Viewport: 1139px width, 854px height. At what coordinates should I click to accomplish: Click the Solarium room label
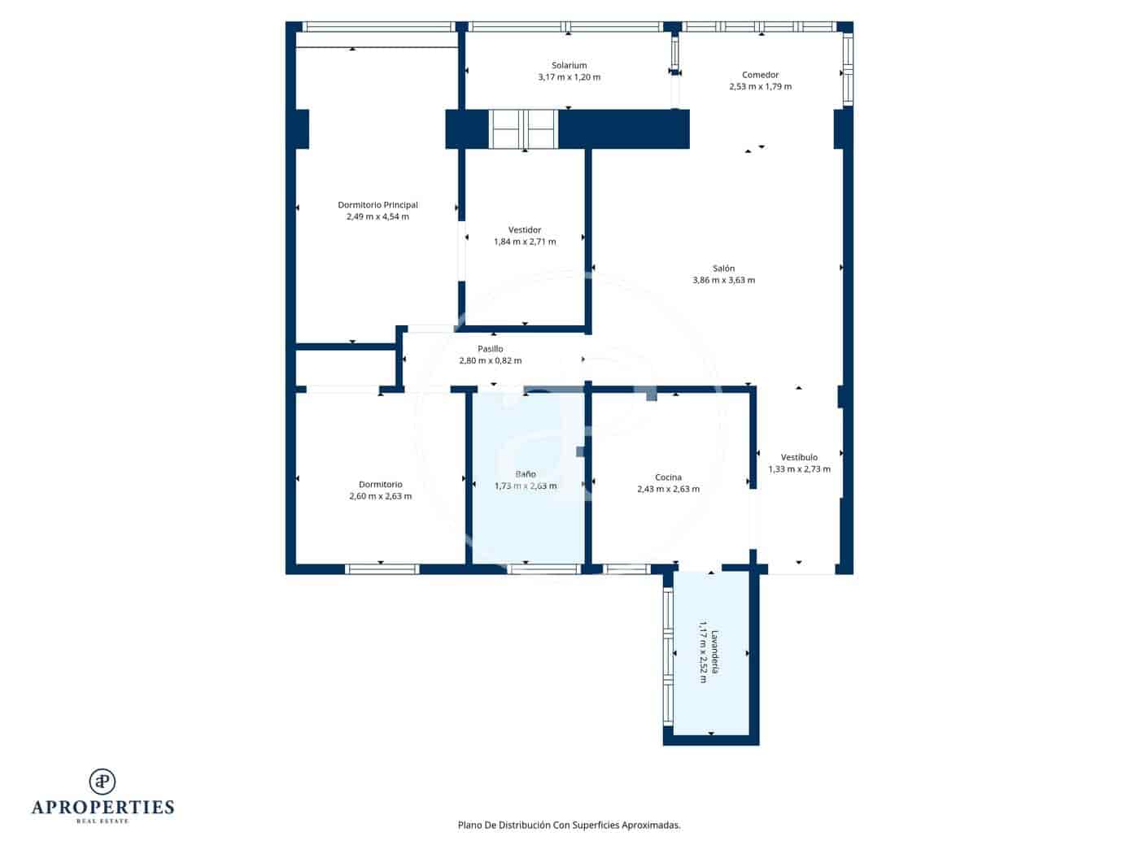coord(569,65)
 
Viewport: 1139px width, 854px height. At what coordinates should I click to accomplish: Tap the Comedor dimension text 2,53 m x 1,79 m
coord(760,86)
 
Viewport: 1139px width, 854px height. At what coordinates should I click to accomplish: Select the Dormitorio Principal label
coord(377,205)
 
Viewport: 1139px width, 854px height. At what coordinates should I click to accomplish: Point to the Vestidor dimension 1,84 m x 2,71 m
coord(525,242)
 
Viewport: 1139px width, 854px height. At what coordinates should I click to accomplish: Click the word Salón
coord(723,268)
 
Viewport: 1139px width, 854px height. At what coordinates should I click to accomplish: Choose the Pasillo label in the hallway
coord(490,349)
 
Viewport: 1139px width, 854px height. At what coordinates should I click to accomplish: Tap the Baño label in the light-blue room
coord(525,474)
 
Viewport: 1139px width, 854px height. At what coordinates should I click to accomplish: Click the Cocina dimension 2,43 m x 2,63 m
coord(668,490)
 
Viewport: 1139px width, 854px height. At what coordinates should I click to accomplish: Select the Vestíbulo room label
coord(799,457)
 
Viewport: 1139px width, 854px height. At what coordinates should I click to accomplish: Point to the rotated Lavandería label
coord(715,651)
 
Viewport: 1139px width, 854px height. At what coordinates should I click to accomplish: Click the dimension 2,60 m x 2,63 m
coord(380,496)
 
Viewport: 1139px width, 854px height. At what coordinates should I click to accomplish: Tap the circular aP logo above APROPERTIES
coord(103,782)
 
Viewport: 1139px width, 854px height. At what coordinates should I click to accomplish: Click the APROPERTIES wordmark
coord(103,807)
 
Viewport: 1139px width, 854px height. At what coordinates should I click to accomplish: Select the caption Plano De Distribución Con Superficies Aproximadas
coord(569,825)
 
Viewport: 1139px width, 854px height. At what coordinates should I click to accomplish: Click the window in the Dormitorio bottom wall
coord(382,569)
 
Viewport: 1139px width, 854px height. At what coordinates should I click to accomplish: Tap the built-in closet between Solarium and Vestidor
coord(522,129)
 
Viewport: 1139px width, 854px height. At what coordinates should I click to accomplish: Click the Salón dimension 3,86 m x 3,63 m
coord(723,280)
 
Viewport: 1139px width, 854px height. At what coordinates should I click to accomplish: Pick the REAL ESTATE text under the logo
coord(103,821)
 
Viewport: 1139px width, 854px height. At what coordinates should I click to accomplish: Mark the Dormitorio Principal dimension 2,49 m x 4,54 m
coord(377,217)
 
